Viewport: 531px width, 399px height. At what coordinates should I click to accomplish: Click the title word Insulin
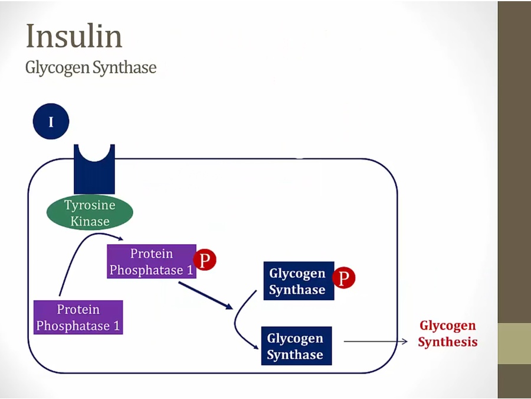coord(74,37)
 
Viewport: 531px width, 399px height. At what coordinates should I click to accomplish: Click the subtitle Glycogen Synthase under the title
coord(91,67)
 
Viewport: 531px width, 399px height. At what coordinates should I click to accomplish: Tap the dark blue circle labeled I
coord(51,122)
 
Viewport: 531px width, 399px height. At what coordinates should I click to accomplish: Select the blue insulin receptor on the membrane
coord(94,171)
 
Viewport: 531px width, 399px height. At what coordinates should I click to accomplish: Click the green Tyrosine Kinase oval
coord(90,213)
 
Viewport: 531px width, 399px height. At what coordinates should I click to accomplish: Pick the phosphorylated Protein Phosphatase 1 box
coord(151,262)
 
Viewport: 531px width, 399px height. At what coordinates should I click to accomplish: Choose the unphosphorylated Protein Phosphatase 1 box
coord(78,317)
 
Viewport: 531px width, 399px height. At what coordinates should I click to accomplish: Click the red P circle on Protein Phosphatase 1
coord(205,260)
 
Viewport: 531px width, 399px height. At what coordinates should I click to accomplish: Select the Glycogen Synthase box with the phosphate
coord(298,281)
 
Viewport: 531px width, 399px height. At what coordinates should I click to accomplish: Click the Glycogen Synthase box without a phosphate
coord(296,346)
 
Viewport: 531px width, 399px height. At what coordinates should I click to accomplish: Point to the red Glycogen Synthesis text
coord(448,333)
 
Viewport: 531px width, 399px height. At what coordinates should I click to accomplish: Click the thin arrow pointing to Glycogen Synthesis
coord(375,342)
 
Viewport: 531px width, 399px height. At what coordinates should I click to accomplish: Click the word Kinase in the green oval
coord(90,222)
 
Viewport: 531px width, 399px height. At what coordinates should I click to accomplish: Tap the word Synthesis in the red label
coord(448,342)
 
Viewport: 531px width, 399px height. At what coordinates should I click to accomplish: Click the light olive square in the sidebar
coord(514,343)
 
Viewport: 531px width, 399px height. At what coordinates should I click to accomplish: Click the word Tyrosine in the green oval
coord(90,206)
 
